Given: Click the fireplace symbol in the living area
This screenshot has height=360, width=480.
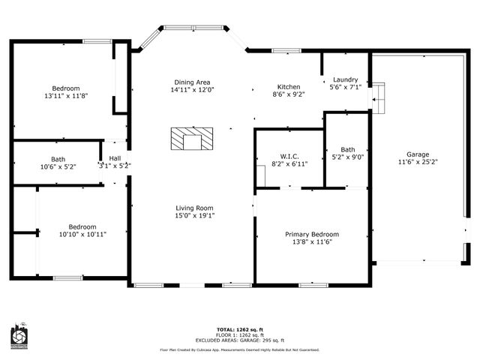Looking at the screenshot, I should pos(192,139).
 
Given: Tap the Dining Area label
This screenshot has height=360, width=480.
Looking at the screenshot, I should pos(192,82).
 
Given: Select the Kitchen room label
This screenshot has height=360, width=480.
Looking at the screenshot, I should pos(289,86).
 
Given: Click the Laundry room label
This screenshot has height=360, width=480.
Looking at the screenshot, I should pos(345,79).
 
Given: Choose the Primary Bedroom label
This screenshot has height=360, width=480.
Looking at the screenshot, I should pos(311,234).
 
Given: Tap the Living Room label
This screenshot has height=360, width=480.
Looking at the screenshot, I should pos(195,208).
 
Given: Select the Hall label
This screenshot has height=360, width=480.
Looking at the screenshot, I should pos(115,158).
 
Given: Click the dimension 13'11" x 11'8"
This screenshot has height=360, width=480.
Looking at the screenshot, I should pos(66,96).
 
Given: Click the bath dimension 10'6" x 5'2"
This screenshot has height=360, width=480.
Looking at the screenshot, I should pos(58,166).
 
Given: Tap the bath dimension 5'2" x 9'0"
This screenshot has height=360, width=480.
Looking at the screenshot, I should pos(347,157).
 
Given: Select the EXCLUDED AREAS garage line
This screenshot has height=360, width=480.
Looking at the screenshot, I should pos(239,340).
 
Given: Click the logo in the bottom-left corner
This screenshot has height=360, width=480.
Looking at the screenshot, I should pos(19,338).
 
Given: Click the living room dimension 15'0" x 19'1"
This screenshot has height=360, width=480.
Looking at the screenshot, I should pos(195,215).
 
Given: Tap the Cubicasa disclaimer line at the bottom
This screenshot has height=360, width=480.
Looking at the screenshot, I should pos(239,349).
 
